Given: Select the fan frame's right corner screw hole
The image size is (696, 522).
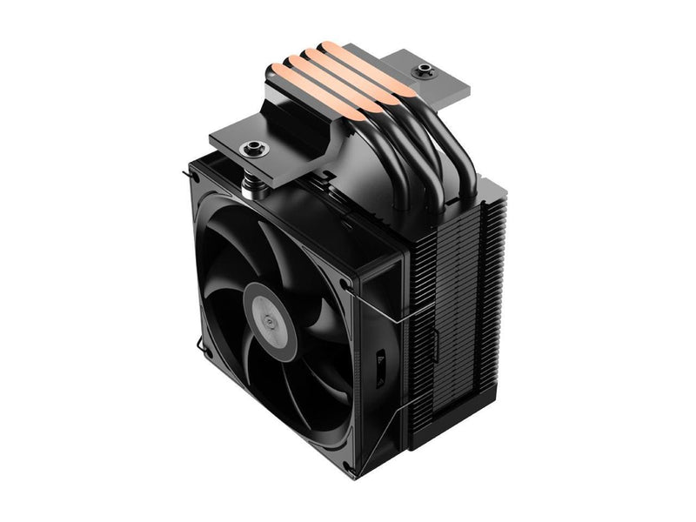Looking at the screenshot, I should [346, 283].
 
